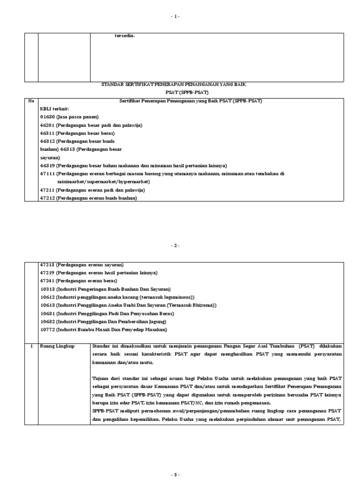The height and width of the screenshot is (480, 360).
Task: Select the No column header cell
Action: [x=31, y=101]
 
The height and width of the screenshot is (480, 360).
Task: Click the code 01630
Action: [x=47, y=116]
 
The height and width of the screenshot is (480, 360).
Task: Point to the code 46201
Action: [x=47, y=125]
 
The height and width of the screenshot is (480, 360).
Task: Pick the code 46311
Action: [x=47, y=133]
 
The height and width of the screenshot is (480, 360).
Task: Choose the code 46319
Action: [x=47, y=165]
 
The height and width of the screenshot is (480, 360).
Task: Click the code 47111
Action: [x=47, y=173]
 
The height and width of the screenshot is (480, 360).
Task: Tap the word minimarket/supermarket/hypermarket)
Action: [x=104, y=181]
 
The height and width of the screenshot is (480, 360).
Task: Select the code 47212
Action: [x=47, y=198]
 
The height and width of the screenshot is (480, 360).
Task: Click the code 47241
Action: [x=47, y=280]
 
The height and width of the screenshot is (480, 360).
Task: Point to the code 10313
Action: [x=47, y=289]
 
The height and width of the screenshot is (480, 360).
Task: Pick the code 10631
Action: [x=47, y=313]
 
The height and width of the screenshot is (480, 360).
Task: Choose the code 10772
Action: [x=47, y=330]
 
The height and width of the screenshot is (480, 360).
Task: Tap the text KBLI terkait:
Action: [x=54, y=109]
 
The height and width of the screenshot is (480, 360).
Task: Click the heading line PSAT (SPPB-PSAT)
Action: [x=180, y=92]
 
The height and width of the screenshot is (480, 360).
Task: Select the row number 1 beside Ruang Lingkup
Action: [x=31, y=346]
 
